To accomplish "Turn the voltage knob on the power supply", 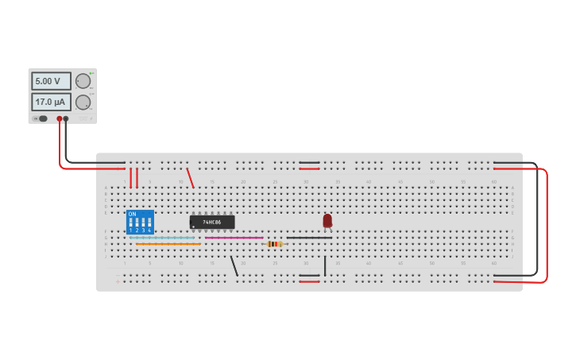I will (83, 81).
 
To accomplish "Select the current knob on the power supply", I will (83, 102).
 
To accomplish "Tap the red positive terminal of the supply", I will (59, 118).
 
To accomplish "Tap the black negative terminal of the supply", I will (66, 118).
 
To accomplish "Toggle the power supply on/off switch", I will (41, 118).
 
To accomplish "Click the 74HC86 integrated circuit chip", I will (212, 222).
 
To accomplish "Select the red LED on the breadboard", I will (327, 220).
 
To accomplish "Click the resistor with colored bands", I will (275, 244).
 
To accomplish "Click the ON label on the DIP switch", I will (132, 214).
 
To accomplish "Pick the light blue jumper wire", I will (162, 238).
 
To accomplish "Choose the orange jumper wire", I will (168, 244).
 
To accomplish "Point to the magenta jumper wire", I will (234, 238).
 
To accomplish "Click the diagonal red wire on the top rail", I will (190, 178).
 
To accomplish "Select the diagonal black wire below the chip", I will (234, 265).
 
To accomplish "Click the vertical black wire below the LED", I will (325, 265).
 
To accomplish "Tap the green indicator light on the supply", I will (91, 73).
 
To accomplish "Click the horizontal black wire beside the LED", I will (309, 238).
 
